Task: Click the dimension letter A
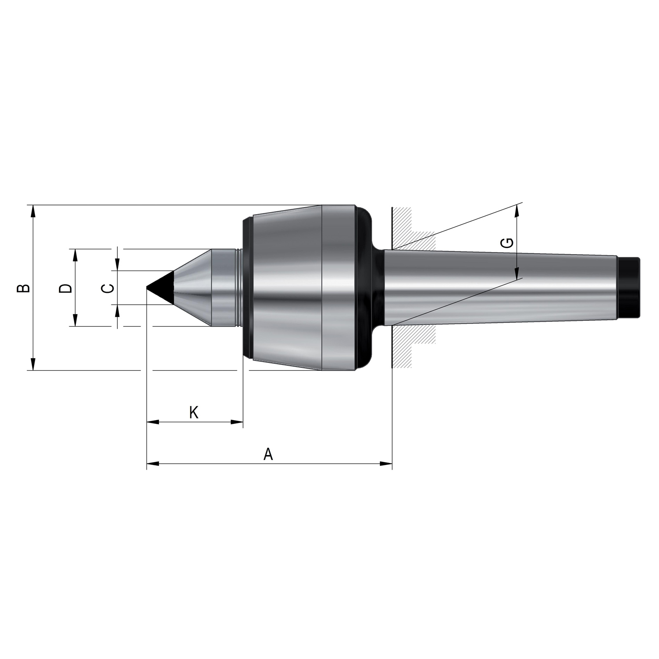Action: [268, 454]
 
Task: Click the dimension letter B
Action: [23, 287]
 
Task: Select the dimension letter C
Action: [107, 288]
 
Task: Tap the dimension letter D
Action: [65, 288]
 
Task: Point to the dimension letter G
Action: [508, 243]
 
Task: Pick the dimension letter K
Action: [194, 412]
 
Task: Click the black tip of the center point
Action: [161, 287]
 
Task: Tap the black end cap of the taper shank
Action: [629, 287]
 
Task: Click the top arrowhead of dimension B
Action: [33, 211]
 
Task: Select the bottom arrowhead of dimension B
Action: [33, 364]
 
